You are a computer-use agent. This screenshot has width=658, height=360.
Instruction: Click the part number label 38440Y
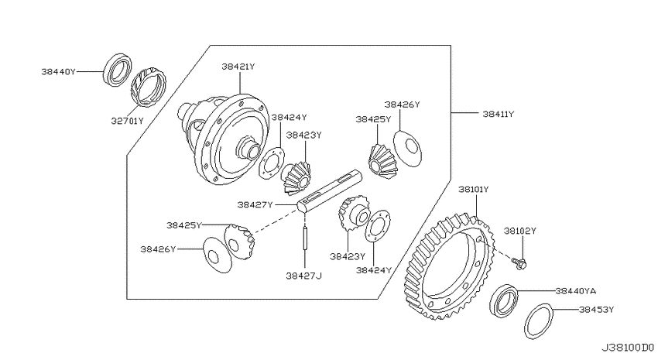(x=58, y=72)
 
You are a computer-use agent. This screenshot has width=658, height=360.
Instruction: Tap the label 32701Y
(x=127, y=121)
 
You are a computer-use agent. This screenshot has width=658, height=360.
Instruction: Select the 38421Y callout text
(x=238, y=67)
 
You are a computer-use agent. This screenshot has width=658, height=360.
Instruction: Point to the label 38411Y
(x=498, y=114)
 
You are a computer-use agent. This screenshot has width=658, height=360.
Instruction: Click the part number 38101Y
(x=473, y=189)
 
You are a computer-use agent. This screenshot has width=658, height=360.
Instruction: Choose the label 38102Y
(x=520, y=231)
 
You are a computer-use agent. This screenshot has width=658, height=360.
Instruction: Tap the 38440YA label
(x=576, y=291)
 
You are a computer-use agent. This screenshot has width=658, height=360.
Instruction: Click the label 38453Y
(x=596, y=310)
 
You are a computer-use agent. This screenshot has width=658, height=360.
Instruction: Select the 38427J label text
(x=304, y=276)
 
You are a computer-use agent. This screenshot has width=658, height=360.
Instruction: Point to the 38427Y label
(x=255, y=204)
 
